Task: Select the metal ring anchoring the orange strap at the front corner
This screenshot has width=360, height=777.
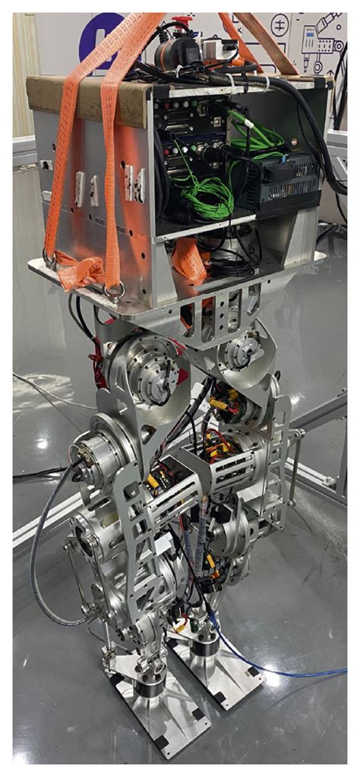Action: point(116,291)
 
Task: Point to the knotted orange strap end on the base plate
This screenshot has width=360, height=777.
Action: point(80,270)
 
